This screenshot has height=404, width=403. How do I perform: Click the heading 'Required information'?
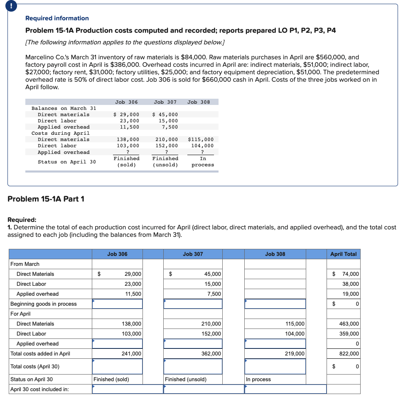click(57, 18)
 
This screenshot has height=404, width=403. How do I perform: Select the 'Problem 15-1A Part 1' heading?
click(46, 199)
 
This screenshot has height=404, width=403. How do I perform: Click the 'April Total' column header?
click(343, 254)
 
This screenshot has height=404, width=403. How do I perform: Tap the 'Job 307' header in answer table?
click(193, 254)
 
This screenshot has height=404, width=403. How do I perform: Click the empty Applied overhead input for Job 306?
click(117, 344)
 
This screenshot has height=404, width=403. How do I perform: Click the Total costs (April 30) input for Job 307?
click(193, 366)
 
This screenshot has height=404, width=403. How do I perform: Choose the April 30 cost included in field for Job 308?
click(285, 389)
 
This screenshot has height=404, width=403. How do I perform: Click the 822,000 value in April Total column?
click(349, 354)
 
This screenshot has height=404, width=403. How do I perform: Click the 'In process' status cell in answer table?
click(258, 379)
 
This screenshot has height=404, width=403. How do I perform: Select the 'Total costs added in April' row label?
click(40, 354)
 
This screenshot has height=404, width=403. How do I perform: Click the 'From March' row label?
click(25, 264)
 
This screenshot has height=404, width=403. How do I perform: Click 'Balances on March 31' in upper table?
click(64, 108)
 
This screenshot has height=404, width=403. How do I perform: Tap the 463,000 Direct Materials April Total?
click(349, 324)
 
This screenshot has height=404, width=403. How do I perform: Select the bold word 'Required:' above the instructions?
click(22, 220)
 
